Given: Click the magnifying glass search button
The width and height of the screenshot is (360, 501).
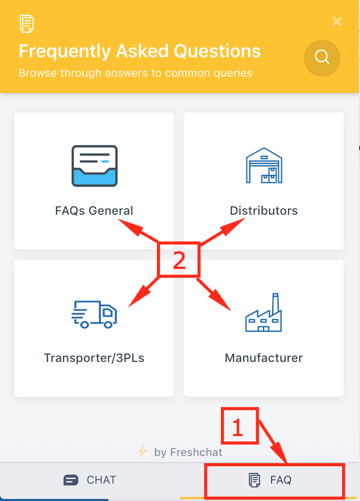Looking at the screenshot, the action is click(x=322, y=58).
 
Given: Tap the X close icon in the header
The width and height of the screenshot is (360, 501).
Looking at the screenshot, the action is click(x=337, y=21).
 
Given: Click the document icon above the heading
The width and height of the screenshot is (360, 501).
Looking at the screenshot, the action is click(x=27, y=24).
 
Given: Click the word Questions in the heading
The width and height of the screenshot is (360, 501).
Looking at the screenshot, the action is click(x=217, y=51).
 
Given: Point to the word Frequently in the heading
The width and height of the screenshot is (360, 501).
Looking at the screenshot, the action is click(x=65, y=52).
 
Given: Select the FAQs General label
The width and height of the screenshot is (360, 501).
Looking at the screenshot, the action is click(x=94, y=211).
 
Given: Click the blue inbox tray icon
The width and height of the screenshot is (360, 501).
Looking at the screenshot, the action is click(x=94, y=166).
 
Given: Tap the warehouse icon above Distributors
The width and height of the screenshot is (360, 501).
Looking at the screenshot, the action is click(x=264, y=165).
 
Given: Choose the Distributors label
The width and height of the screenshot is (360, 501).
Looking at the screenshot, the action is click(x=264, y=211).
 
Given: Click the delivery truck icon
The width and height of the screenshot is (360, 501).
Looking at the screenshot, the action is click(x=94, y=314).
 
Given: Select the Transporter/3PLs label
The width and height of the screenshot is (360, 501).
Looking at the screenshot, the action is click(x=94, y=358).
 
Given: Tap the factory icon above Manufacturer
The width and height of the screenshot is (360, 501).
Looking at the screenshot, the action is click(x=263, y=312).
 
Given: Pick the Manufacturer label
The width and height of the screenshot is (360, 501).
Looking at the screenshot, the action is click(x=264, y=358).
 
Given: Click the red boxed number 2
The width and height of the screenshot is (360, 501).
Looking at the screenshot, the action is click(x=179, y=260).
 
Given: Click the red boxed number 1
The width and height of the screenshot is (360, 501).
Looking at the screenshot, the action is click(x=239, y=425).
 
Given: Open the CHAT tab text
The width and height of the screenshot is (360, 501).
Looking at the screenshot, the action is click(x=101, y=480).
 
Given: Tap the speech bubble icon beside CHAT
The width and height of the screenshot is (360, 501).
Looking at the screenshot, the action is click(x=71, y=480).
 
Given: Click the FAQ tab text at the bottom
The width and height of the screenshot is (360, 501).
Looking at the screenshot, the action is click(x=281, y=480).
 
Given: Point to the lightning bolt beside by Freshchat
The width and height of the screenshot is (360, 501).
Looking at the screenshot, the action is click(x=142, y=451).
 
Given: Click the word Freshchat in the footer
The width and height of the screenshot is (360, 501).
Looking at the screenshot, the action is click(x=196, y=452).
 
